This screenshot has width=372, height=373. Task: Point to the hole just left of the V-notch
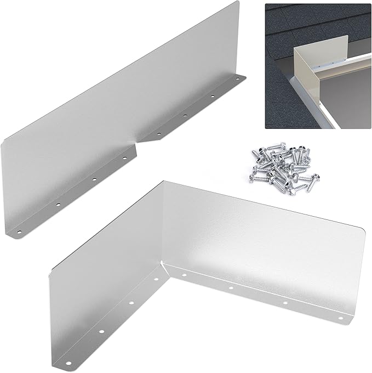pos(125,159)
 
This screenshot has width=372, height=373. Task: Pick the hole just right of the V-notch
pos(158,133)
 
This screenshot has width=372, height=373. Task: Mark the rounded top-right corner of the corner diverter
pos(360,230)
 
